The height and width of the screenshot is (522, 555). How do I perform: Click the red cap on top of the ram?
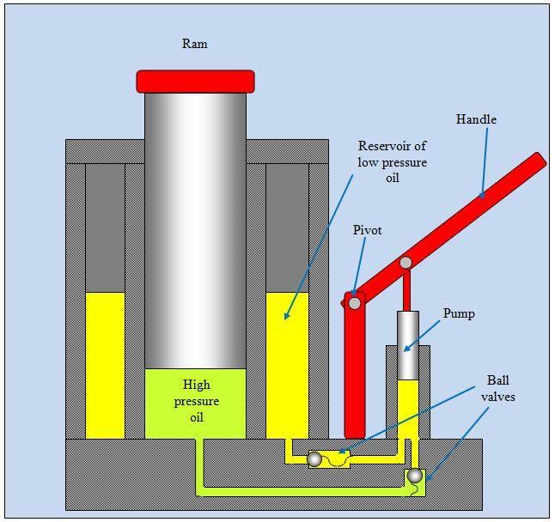[195, 81]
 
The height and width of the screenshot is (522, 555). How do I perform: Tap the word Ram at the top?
[195, 44]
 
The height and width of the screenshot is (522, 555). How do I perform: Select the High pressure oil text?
[196, 401]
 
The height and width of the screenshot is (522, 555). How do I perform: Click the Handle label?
[476, 119]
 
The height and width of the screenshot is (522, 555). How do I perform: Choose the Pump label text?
[459, 313]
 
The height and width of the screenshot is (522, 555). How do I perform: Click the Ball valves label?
[497, 387]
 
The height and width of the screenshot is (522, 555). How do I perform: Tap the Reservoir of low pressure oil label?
[392, 161]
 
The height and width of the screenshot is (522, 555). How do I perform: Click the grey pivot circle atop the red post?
[354, 302]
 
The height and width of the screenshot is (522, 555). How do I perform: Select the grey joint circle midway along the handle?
[406, 262]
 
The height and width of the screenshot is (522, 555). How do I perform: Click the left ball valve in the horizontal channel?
[314, 459]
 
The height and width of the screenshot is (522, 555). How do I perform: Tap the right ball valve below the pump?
[415, 475]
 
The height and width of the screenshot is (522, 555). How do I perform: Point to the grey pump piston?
[407, 344]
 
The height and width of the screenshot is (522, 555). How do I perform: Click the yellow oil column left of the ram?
[105, 365]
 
